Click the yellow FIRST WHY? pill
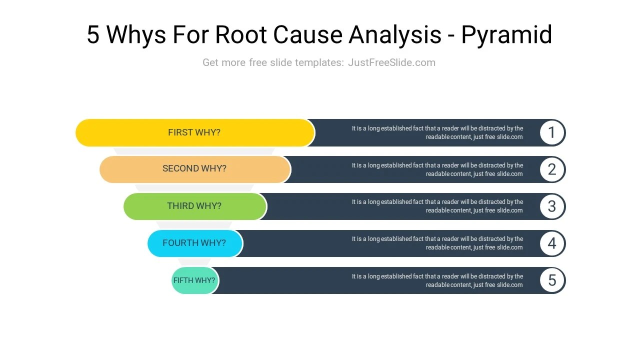[x=195, y=132]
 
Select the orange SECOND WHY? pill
[x=195, y=169]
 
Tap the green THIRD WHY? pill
[x=195, y=206]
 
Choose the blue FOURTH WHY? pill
[x=195, y=243]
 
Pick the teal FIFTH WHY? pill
[x=194, y=280]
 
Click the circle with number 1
[x=552, y=132]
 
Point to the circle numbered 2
[x=552, y=169]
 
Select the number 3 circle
[x=552, y=206]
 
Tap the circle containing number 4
[x=552, y=243]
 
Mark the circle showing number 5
[x=552, y=280]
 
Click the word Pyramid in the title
[x=506, y=35]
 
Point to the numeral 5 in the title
[x=93, y=35]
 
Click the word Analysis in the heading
[x=395, y=35]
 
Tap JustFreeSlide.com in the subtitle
[x=391, y=62]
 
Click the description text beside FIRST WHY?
[x=437, y=132]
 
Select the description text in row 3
[x=437, y=206]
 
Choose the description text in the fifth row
[x=437, y=280]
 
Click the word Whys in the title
[x=136, y=35]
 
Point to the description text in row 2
[x=437, y=169]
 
